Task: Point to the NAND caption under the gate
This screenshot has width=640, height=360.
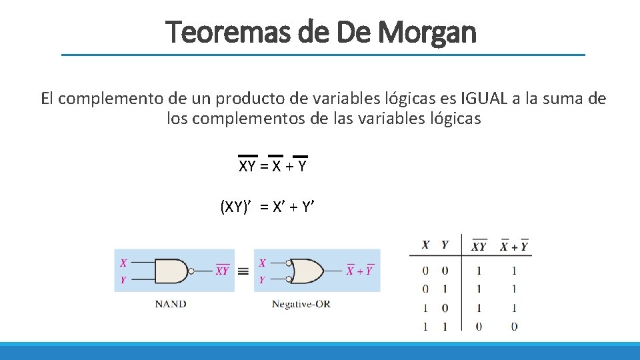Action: click(171, 303)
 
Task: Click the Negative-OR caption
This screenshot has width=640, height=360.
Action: click(301, 303)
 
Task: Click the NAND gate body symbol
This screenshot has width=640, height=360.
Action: click(172, 271)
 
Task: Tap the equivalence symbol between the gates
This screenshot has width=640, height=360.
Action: click(243, 271)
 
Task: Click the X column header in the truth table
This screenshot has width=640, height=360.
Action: click(425, 245)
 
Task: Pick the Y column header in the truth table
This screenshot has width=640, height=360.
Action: click(445, 245)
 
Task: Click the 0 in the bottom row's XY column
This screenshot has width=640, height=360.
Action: click(479, 326)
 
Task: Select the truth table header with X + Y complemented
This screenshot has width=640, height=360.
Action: click(514, 246)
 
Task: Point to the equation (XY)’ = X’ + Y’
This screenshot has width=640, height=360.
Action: click(267, 207)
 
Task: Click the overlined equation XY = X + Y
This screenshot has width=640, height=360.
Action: click(273, 166)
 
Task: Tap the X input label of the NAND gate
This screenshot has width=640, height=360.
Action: click(123, 263)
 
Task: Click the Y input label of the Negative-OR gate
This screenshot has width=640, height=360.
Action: click(262, 280)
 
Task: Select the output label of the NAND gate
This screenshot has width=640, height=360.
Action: click(222, 270)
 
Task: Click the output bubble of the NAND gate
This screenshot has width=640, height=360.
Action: click(191, 271)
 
